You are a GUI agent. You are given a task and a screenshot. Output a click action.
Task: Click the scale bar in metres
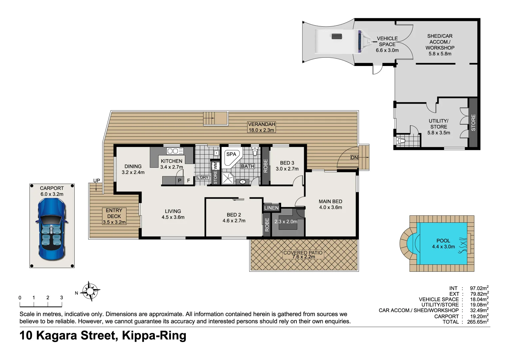[41, 304]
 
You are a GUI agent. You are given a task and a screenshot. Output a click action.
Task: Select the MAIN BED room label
[330, 201]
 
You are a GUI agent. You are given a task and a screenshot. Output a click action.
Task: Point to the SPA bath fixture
[232, 157]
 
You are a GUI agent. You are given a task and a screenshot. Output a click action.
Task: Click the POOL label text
[443, 241]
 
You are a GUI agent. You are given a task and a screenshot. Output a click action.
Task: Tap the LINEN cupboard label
[271, 208]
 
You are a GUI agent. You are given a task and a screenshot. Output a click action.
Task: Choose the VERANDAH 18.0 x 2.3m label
[261, 127]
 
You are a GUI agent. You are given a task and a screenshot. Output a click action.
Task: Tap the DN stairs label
[354, 158]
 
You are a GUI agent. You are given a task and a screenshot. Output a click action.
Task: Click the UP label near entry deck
[97, 181]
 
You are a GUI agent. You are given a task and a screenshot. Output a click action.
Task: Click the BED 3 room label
[287, 163]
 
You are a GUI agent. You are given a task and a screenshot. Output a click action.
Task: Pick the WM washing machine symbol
[216, 166]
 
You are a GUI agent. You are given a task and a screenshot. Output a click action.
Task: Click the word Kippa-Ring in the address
[154, 335]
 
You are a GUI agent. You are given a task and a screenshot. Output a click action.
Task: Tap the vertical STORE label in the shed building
[473, 122]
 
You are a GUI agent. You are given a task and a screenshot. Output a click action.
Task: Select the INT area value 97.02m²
[479, 288]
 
